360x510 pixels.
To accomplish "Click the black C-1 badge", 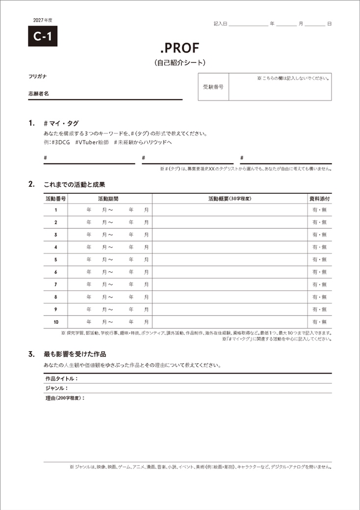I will point(43,36).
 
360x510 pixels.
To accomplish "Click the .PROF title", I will point(180,48).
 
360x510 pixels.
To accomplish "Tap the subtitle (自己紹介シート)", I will point(180,62).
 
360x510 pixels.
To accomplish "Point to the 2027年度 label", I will point(43,20).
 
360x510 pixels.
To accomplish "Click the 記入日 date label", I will point(220,24).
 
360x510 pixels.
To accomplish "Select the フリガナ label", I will point(37,76).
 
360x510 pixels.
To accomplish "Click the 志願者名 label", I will point(38,93).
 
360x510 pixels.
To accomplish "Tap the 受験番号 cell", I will point(213,87).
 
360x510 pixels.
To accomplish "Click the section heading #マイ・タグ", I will point(61,123).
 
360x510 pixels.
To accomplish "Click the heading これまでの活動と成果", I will point(75,184).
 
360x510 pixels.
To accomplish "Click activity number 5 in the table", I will point(56,260).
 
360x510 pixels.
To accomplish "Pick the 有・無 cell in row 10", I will point(319,322).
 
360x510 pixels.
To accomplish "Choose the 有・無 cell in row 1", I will point(319,210).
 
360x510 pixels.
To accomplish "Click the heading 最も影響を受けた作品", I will point(75,354).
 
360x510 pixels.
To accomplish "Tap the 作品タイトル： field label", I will point(61,379).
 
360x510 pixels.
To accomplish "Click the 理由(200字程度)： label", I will point(65,398).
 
